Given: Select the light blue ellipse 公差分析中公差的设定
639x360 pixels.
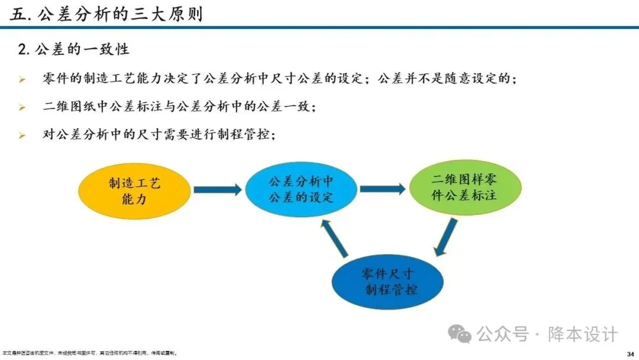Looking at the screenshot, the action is [x=301, y=189].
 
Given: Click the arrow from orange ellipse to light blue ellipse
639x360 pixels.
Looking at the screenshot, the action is [x=218, y=190].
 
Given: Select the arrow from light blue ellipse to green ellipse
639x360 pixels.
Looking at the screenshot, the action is [x=382, y=189].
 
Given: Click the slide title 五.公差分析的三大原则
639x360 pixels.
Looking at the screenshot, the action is [x=106, y=14].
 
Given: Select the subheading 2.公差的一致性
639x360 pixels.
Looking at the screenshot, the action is [x=73, y=49].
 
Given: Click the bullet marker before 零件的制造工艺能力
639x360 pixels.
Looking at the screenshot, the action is [x=22, y=79].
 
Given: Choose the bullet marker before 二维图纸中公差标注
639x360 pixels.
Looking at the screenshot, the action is [x=22, y=108].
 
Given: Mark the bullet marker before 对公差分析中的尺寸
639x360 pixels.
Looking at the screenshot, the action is [x=22, y=136].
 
